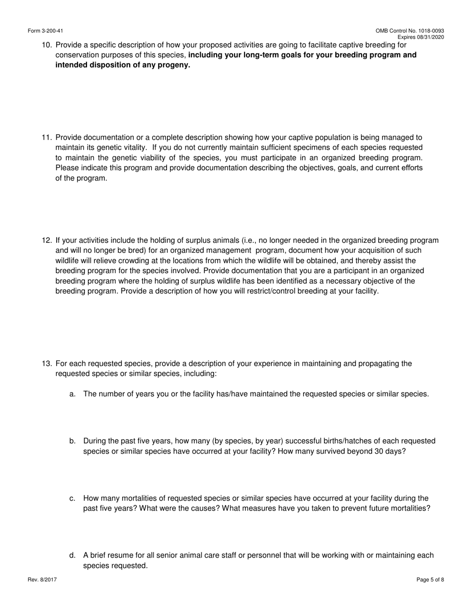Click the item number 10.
[x=47, y=45]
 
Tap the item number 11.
[x=47, y=137]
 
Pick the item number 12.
[x=47, y=240]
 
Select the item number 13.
[x=47, y=364]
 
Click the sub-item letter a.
[x=73, y=394]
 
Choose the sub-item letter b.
[x=73, y=441]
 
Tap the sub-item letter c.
[x=73, y=498]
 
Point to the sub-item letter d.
[x=73, y=555]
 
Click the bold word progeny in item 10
[x=174, y=65]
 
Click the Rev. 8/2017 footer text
[x=42, y=580]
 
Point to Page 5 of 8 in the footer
[x=430, y=580]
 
